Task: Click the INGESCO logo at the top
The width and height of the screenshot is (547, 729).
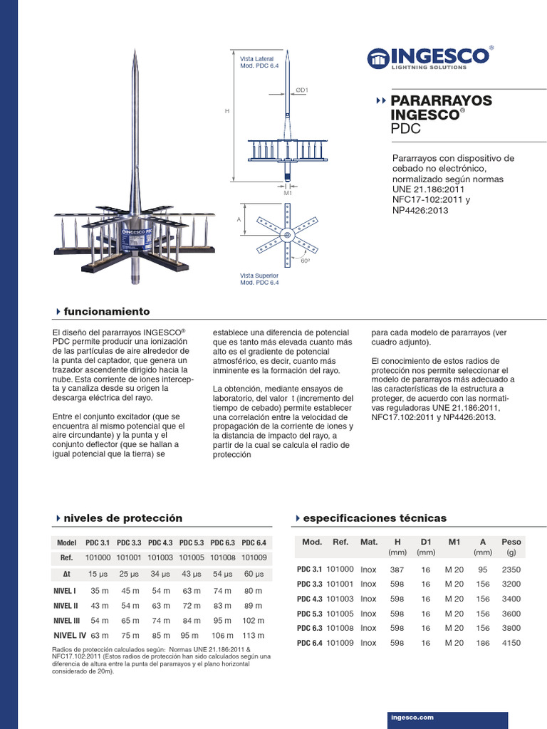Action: coord(429,57)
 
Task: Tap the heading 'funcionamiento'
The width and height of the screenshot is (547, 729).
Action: coord(106,311)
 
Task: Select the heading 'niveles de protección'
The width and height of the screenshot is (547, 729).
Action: coord(123,518)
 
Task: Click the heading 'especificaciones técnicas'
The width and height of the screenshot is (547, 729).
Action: coord(375,518)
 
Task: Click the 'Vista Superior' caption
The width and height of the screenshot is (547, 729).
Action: coord(259,275)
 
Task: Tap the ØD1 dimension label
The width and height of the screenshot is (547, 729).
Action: coord(301,90)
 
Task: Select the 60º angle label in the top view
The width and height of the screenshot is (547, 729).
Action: coord(306,261)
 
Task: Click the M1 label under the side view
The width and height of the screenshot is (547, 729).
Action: coord(288,193)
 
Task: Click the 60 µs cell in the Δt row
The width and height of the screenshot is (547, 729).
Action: coord(254,574)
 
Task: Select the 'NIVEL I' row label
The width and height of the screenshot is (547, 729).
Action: coord(64,590)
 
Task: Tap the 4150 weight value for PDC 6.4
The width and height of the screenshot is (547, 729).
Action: coord(511,643)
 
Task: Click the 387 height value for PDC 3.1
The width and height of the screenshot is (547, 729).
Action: coord(397,570)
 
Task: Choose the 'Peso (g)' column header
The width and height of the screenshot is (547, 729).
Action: coord(511,546)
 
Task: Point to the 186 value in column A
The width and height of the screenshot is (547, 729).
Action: coord(482,643)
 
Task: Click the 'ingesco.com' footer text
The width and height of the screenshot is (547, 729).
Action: coord(412,718)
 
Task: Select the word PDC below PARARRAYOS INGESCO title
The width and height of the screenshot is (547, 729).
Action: coord(405,129)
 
